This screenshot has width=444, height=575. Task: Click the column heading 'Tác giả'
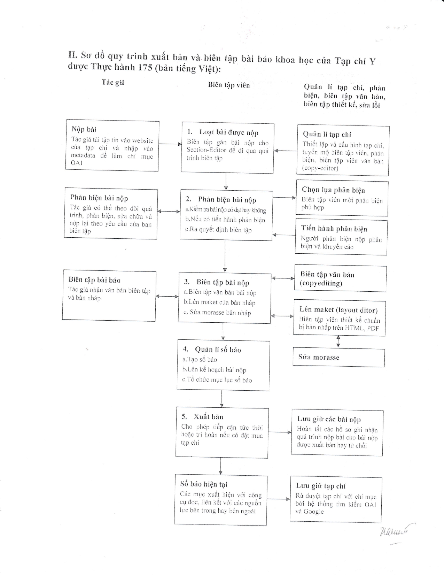tap(113, 83)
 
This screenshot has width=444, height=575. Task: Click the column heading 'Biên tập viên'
tap(229, 85)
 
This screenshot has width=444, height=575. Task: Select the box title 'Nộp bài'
tap(84, 129)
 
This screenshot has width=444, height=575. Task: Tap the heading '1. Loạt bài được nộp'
tap(223, 132)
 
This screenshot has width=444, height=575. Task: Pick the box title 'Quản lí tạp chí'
tap(327, 135)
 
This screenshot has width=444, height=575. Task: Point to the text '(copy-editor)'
tap(320, 168)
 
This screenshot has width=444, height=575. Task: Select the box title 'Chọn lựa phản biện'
tap(333, 190)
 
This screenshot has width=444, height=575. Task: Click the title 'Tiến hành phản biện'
tap(334, 229)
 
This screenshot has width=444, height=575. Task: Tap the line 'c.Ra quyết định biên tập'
tap(218, 230)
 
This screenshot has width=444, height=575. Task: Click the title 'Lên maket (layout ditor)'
tap(338, 310)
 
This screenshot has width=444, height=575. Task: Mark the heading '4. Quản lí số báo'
tap(212, 350)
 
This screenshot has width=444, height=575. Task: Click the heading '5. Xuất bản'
tap(202, 417)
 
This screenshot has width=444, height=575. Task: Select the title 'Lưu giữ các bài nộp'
tap(329, 419)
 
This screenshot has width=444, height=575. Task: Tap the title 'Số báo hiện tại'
tap(204, 484)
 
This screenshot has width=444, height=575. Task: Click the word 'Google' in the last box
tap(313, 512)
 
